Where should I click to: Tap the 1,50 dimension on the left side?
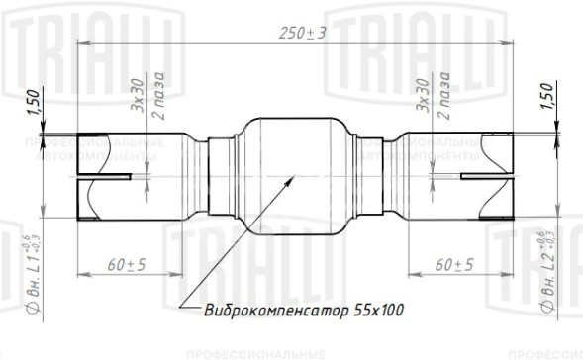coord(33,103)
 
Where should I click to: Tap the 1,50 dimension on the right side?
coord(547,100)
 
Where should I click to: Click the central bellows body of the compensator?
coord(291,168)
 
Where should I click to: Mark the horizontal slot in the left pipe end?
coord(103,179)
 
